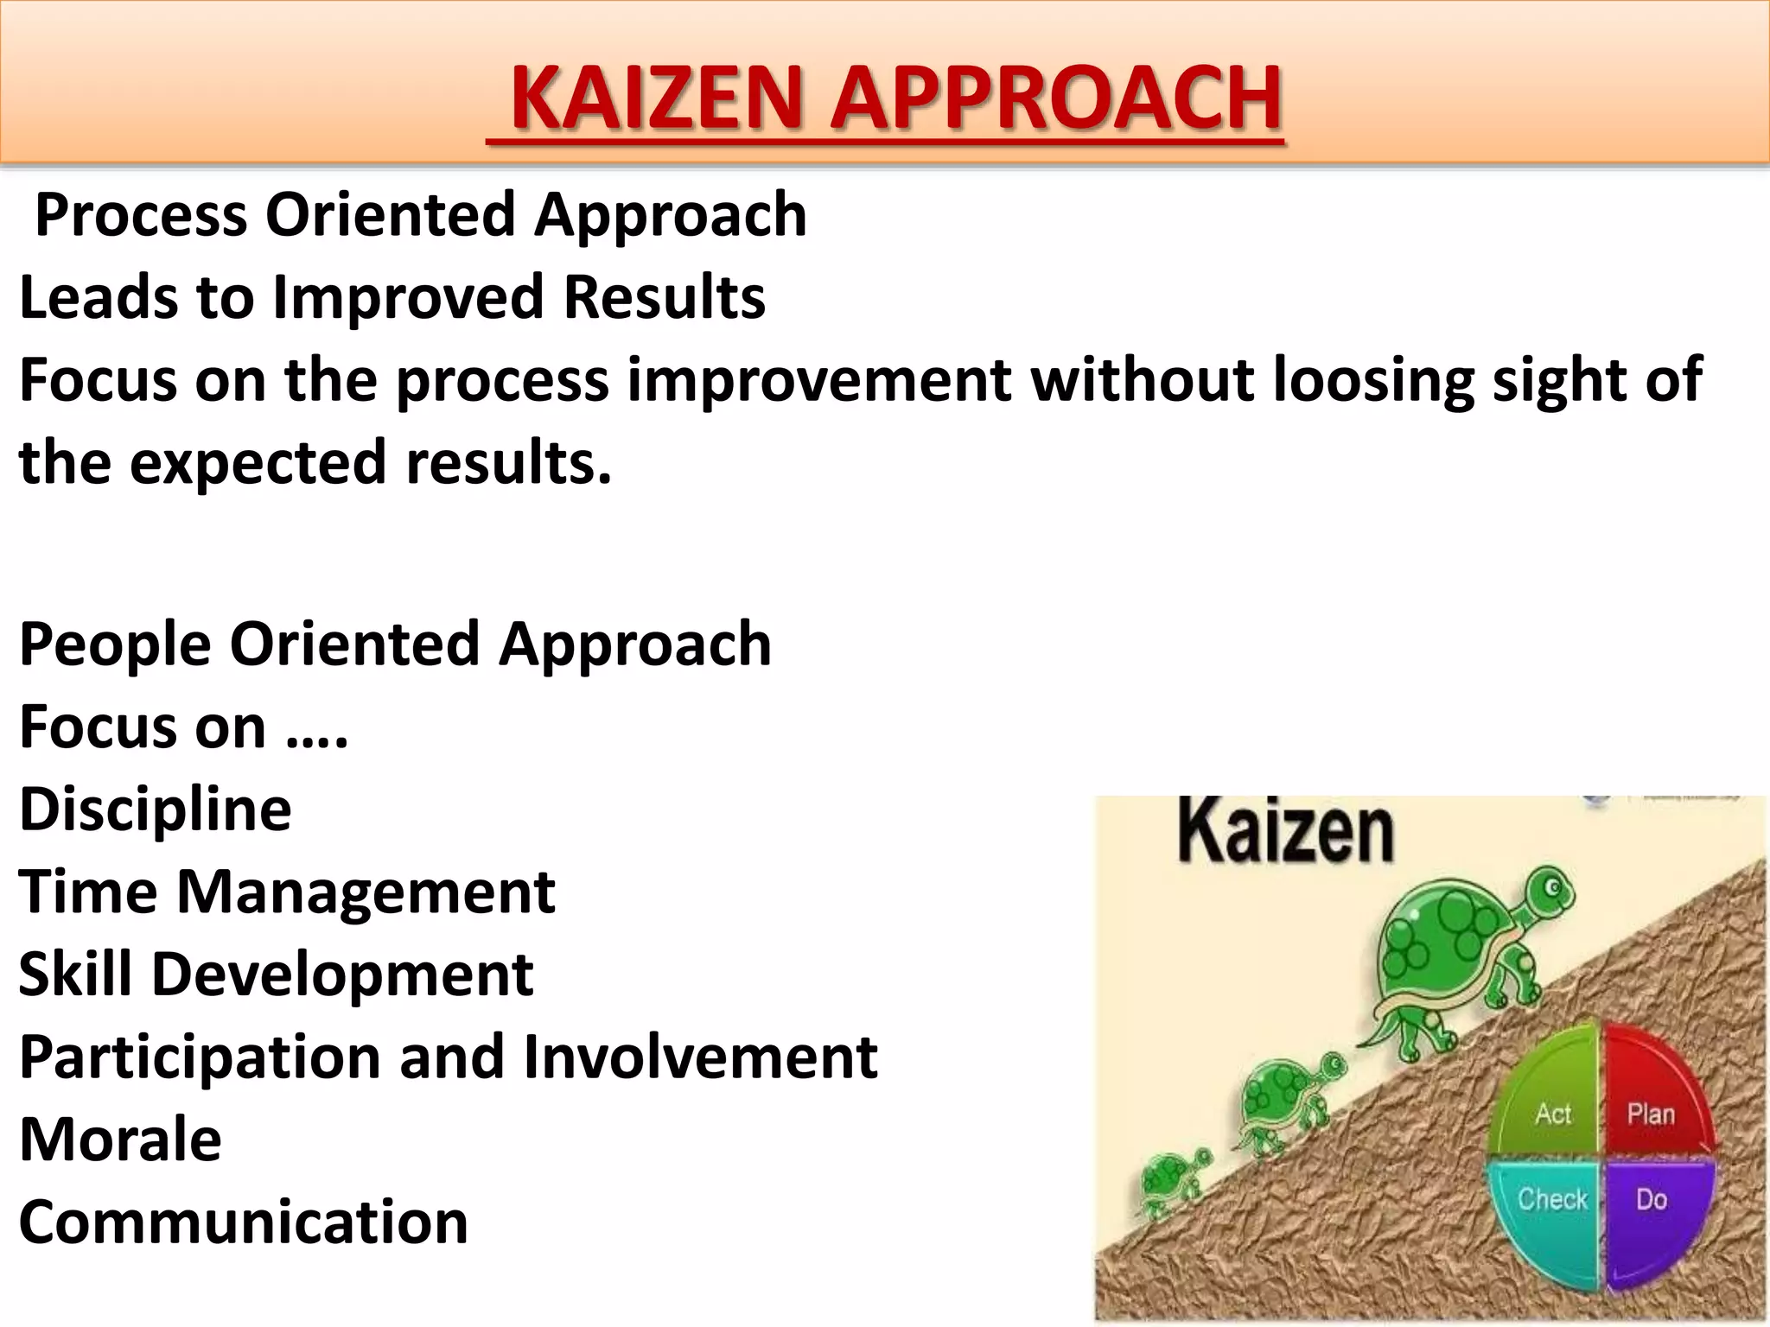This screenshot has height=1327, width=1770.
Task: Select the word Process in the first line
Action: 141,215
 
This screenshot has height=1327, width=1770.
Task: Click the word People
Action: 115,644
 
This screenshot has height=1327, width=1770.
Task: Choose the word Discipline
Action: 156,810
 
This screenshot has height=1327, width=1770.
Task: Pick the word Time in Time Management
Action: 87,892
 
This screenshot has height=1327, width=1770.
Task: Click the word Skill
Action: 75,975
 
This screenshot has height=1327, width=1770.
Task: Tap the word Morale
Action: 120,1140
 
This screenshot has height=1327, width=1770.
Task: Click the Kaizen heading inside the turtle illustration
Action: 1285,831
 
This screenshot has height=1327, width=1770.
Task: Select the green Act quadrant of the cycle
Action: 1552,1102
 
